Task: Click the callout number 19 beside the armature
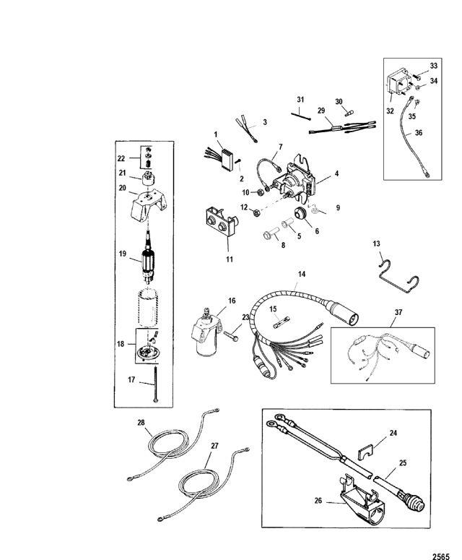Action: [123, 254]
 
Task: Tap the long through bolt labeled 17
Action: [155, 384]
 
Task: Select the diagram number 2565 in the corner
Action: [441, 556]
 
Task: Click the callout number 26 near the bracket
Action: [318, 501]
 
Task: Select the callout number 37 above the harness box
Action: [398, 312]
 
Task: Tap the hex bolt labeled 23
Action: [231, 336]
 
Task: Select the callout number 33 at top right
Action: [433, 66]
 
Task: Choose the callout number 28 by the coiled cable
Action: [141, 423]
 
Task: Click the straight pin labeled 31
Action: [301, 116]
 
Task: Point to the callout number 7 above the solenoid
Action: [280, 147]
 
